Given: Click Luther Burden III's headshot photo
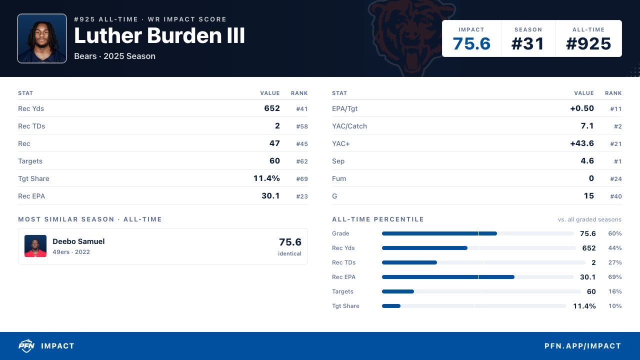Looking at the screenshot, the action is (42, 38).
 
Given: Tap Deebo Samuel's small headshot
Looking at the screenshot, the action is (35, 246).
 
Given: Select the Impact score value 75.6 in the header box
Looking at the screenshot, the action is (471, 43).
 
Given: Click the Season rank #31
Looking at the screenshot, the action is (527, 43).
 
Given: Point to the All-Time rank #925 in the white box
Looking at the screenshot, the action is (588, 43).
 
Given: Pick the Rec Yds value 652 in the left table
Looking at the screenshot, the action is (272, 108).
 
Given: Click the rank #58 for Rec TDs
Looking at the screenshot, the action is (302, 126).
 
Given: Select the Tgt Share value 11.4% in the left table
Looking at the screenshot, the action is (266, 178).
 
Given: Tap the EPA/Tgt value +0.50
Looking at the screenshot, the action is (582, 108).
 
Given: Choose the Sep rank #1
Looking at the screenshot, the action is (617, 161).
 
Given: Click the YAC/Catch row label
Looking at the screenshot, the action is (349, 126).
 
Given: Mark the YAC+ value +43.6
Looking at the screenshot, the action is (582, 143).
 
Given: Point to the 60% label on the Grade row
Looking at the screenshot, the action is (615, 233).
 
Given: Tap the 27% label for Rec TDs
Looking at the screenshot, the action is (615, 262).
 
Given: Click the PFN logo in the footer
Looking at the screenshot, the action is (26, 346).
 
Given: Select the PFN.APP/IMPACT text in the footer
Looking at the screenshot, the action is (583, 346).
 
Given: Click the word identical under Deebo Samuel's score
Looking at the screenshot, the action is (289, 253).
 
